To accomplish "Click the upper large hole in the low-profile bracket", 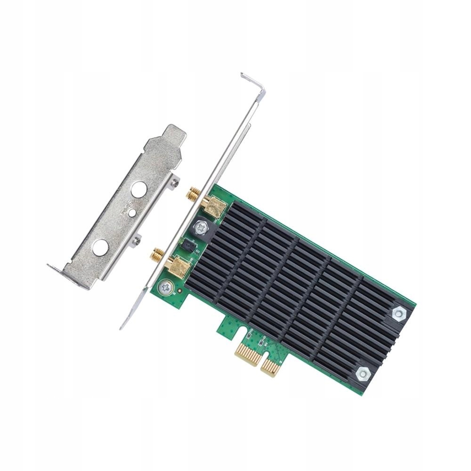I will click(x=139, y=189).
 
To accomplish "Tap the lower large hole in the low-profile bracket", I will click(x=100, y=247).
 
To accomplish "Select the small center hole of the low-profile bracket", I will click(x=132, y=213).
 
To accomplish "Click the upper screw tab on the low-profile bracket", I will click(x=175, y=181).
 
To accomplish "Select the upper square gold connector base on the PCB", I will click(x=212, y=207).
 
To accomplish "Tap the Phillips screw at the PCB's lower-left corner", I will click(x=165, y=286).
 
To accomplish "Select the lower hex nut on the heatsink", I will click(x=363, y=374).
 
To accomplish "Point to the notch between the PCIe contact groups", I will click(x=261, y=356).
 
